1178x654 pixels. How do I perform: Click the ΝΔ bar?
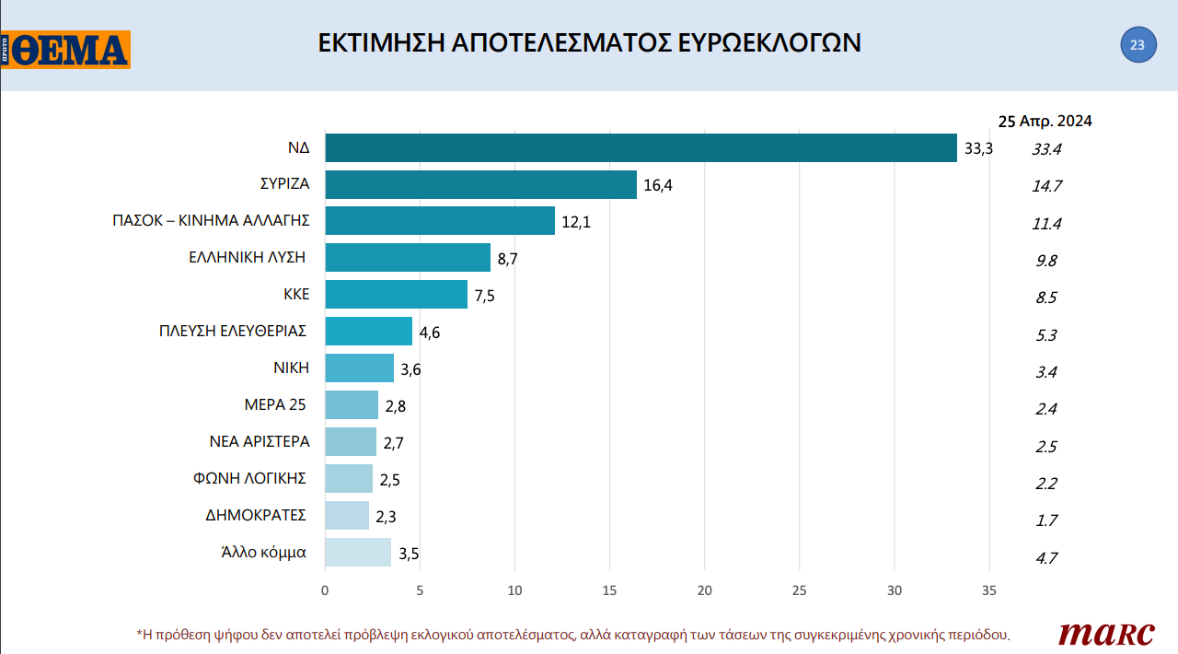pos(641,147)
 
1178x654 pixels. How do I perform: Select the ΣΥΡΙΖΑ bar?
pos(480,184)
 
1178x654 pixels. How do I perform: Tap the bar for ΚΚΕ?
pos(396,295)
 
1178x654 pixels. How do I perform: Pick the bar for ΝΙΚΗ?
pos(359,368)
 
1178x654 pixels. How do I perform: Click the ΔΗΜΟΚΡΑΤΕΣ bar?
pos(347,516)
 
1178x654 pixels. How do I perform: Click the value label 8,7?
pos(507,259)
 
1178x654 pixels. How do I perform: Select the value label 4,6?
pos(429,333)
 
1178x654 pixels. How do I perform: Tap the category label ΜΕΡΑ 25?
pos(276,404)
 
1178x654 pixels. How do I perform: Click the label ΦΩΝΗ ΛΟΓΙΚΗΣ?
pos(250,478)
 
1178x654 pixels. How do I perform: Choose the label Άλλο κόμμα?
pos(263,553)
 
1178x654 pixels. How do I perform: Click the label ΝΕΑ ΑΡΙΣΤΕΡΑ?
pos(260,441)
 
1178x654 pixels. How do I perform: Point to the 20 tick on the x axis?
pos(705,590)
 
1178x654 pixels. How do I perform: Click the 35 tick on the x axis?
pos(989,590)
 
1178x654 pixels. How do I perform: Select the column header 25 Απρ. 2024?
pos(1045,121)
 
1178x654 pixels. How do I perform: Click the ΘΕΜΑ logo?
pos(66,50)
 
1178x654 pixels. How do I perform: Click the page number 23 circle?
pos(1138,45)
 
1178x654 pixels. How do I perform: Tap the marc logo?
pos(1106,633)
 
